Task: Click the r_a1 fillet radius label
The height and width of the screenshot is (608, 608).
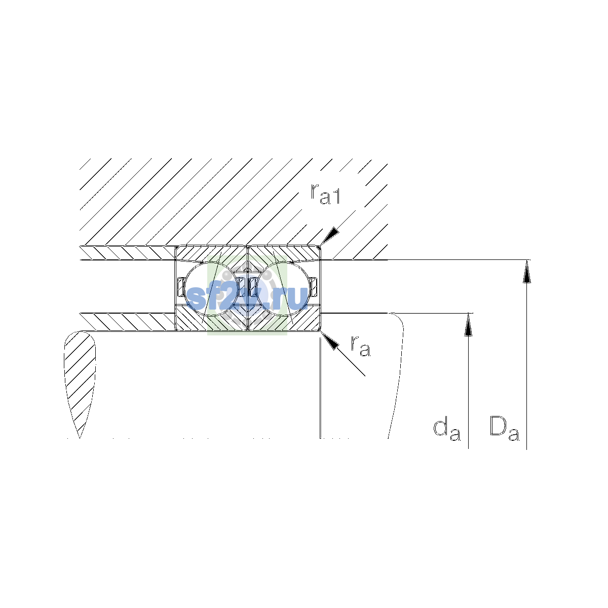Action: click(325, 194)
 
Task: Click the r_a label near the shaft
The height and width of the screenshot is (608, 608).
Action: click(360, 346)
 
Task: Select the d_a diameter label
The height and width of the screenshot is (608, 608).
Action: click(447, 430)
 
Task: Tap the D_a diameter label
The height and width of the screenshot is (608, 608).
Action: click(504, 429)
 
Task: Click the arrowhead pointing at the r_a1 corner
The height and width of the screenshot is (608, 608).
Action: click(330, 236)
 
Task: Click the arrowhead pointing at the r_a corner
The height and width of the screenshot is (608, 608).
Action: click(329, 341)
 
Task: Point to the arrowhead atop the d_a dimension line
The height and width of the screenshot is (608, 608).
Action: click(468, 325)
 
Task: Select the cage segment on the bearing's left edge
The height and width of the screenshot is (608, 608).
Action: click(181, 287)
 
